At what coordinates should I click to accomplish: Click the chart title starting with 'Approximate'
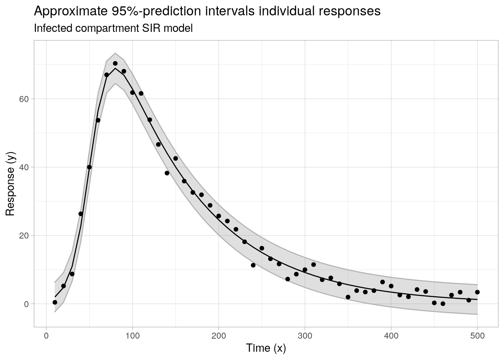(x=207, y=11)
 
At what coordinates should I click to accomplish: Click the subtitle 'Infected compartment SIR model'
(x=113, y=28)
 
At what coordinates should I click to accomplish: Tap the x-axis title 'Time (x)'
(x=266, y=348)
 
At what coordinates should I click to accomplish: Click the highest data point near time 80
(x=115, y=63)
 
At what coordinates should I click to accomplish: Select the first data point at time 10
(x=55, y=302)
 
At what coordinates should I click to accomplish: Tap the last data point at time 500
(x=477, y=292)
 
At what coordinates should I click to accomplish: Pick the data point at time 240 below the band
(x=253, y=265)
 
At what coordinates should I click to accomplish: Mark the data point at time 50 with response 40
(x=89, y=167)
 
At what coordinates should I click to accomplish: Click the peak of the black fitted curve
(x=115, y=68)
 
